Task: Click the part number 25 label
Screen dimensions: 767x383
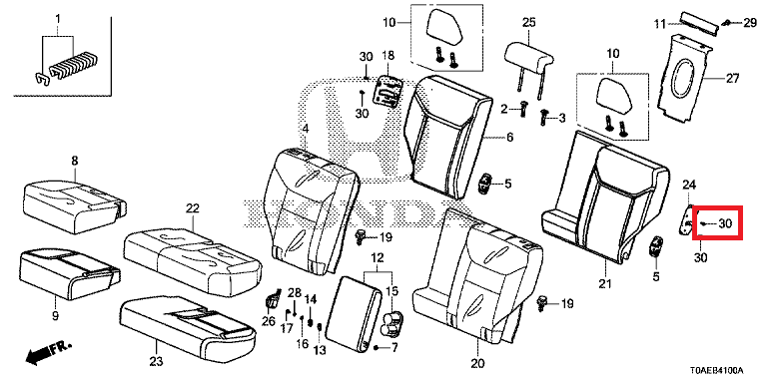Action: pos(529,22)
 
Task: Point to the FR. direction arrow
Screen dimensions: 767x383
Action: pos(48,352)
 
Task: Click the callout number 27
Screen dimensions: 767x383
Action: pos(732,78)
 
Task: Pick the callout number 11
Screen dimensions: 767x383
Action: pos(660,23)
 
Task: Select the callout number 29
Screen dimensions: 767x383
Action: pos(750,23)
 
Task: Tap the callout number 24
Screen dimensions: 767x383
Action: pos(689,185)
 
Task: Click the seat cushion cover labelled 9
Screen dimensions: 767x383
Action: pos(69,272)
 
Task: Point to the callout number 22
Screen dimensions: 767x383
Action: pos(193,208)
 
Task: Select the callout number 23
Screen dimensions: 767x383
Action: pos(156,362)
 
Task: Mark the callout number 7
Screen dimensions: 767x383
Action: pos(394,348)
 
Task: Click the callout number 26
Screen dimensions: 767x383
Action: pos(269,320)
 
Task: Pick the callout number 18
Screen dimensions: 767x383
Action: pos(387,56)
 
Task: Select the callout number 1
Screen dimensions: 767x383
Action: pos(58,20)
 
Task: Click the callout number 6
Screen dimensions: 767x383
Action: pos(509,138)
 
